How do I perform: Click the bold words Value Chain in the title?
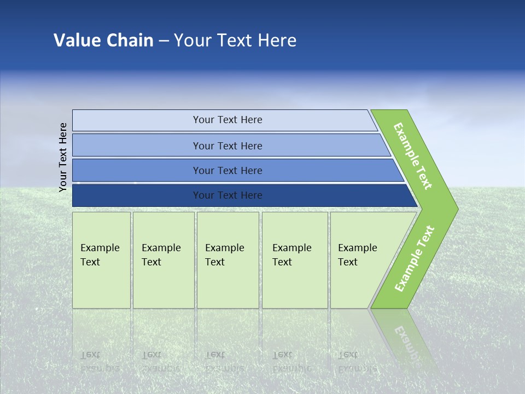[x=103, y=40]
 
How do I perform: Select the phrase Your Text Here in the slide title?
[x=235, y=40]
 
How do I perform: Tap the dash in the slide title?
[x=164, y=41]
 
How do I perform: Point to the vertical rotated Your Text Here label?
[x=63, y=157]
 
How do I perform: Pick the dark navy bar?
[x=137, y=195]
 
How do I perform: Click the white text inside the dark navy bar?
[x=227, y=195]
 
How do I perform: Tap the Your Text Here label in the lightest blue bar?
[x=227, y=120]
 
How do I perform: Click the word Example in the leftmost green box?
[x=100, y=248]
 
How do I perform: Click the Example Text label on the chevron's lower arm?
[x=414, y=259]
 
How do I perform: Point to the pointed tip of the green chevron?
[x=455, y=208]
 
